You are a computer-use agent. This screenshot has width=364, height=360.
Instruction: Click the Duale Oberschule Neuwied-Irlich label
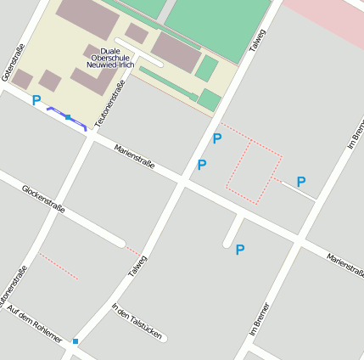[x=110, y=58]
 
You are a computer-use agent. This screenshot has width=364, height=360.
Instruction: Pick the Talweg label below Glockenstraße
[x=137, y=267]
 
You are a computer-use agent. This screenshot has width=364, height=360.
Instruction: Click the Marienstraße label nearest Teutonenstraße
[x=135, y=158]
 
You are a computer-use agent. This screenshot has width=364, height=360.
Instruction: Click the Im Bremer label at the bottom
[x=260, y=319]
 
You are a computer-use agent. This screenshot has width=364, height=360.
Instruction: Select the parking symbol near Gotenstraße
[x=36, y=100]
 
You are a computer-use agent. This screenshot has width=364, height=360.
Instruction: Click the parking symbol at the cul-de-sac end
[x=240, y=250]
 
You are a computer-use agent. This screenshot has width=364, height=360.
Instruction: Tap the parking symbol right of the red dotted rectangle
[x=300, y=181]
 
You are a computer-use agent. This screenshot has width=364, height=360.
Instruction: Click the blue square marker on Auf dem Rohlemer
[x=76, y=341]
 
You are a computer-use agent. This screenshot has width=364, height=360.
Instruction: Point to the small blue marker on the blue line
[x=68, y=116]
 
